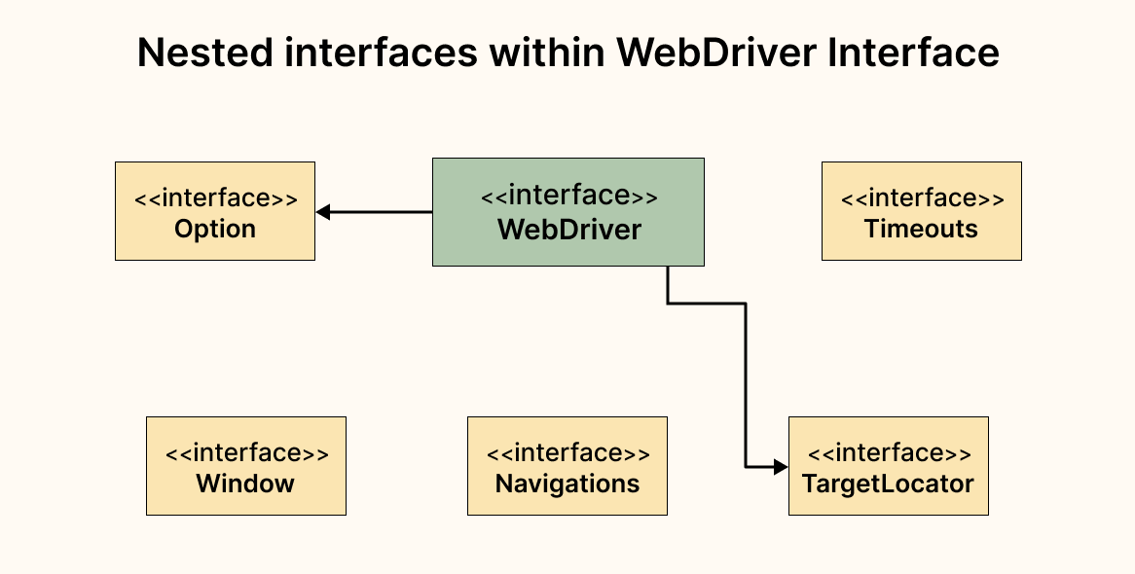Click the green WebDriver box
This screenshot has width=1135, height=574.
coord(568,212)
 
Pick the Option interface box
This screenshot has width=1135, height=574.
coord(215,211)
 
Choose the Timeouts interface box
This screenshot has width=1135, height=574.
coord(921,211)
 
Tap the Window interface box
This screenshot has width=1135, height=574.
coord(246,466)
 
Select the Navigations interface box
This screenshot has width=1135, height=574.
coord(567,466)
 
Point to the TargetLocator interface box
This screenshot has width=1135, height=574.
coord(888,466)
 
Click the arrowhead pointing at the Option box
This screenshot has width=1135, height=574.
coord(323,211)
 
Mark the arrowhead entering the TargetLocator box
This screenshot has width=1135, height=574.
coord(781,467)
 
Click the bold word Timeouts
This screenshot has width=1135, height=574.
coord(921,230)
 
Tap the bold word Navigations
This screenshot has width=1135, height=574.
coord(567,484)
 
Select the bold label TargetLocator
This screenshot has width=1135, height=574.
coord(888,484)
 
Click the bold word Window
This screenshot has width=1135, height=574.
coord(245,484)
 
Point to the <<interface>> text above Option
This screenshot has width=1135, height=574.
coord(215,198)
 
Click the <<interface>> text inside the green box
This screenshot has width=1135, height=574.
coord(568,196)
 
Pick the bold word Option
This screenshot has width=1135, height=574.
coord(215,230)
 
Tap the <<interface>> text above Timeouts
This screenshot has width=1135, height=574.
coord(921,198)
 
